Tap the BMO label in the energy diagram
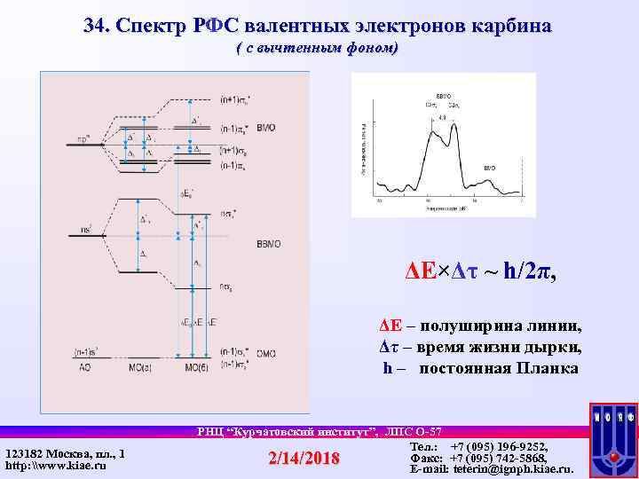[264, 129]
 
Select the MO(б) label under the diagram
[196, 365]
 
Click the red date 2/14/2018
[304, 458]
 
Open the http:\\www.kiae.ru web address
[53, 465]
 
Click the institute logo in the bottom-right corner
[613, 441]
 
